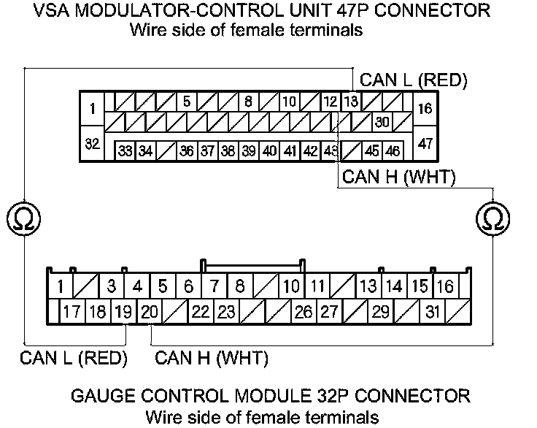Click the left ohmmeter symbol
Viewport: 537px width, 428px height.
tap(24, 218)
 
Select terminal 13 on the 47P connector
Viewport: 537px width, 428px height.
tap(351, 102)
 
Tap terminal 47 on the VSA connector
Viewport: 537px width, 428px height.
tap(425, 143)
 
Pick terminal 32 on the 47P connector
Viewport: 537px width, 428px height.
tap(93, 143)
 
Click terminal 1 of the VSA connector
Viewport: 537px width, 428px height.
tap(93, 110)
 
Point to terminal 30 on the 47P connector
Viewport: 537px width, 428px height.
tap(382, 121)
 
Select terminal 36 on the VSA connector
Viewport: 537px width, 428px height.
tap(187, 151)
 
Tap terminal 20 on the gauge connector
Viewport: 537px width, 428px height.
tap(150, 313)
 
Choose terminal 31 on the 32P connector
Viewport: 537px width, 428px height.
tap(433, 313)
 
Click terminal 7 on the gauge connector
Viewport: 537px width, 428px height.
tap(214, 286)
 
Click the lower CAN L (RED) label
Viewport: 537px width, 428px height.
tap(74, 358)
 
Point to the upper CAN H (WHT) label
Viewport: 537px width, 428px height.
tap(398, 177)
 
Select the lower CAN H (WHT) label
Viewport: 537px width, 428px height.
tap(212, 358)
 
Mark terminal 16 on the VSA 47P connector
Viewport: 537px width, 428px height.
tap(425, 110)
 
